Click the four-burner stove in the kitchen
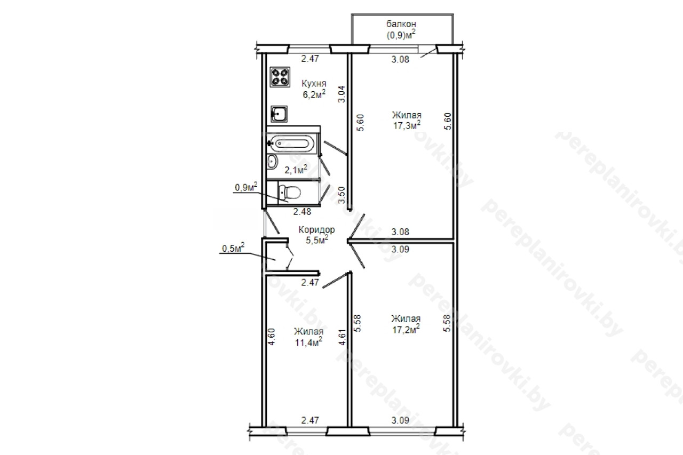pos(280,77)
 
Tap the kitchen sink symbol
pos(279,114)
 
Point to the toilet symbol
pos(289,192)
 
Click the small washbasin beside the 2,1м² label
pos(272,161)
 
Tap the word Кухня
pos(314,84)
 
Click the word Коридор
pos(316,229)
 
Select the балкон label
pos(401,24)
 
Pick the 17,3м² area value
pos(407,125)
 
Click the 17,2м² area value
pos(406,329)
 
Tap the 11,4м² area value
pos(308,342)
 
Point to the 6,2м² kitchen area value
pos(314,94)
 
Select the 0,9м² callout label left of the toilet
pos(246,187)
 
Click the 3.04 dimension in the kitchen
pos(342,94)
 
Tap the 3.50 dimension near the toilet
pos(342,195)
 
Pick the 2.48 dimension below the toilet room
pos(302,212)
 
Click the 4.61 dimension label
pos(343,337)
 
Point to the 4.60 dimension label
pos(272,337)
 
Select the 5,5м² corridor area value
pos(317,240)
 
